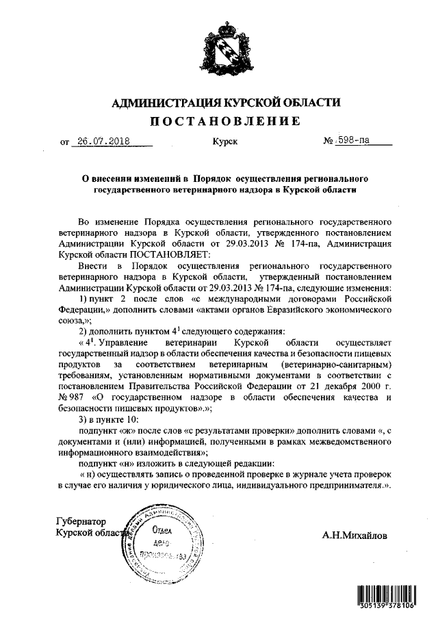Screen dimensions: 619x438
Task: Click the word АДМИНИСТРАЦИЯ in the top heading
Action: coord(159,102)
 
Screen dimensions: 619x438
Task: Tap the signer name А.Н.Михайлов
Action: coord(355,536)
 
